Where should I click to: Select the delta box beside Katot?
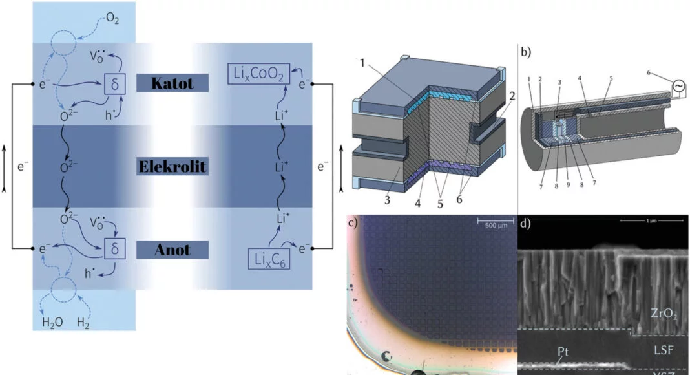pyautogui.click(x=114, y=83)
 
